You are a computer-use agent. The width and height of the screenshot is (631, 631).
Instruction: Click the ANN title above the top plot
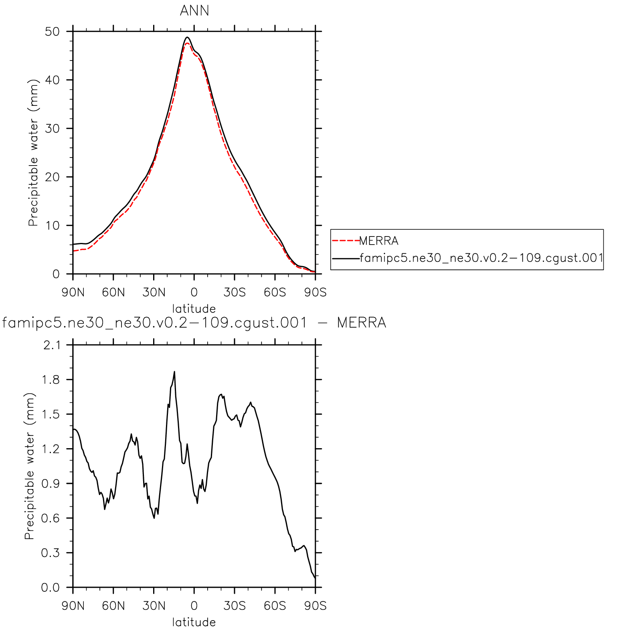pos(194,11)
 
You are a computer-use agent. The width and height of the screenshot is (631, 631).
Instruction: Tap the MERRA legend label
pos(378,241)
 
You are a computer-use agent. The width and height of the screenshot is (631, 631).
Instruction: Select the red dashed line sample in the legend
pos(346,241)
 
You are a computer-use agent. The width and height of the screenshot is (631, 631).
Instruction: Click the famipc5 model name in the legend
pos(481,258)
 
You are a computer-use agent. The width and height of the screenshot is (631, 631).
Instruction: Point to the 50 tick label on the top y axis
pos(52,32)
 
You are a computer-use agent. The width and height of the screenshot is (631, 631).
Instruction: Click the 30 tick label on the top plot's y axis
pos(52,129)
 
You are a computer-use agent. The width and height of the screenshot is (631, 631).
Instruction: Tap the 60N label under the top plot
pos(113,292)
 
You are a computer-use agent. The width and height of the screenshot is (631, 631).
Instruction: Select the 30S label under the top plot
pos(235,292)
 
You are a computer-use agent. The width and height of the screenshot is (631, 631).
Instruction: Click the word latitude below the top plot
pos(194,309)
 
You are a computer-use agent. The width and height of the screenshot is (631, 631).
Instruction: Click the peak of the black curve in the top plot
pos(187,37)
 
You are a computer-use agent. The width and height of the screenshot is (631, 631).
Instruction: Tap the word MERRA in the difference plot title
pos(361,323)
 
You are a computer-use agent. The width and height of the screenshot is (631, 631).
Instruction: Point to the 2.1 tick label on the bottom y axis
pos(52,345)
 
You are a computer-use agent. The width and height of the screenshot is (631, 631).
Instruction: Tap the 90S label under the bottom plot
pos(315,606)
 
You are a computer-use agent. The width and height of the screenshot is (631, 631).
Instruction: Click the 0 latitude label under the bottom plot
pos(194,606)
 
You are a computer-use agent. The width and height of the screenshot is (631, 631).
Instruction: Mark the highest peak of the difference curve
pos(174,372)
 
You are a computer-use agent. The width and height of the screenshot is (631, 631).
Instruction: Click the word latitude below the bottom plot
pos(194,622)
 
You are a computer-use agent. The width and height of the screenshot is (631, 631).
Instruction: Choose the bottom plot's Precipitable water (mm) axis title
pos(30,466)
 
